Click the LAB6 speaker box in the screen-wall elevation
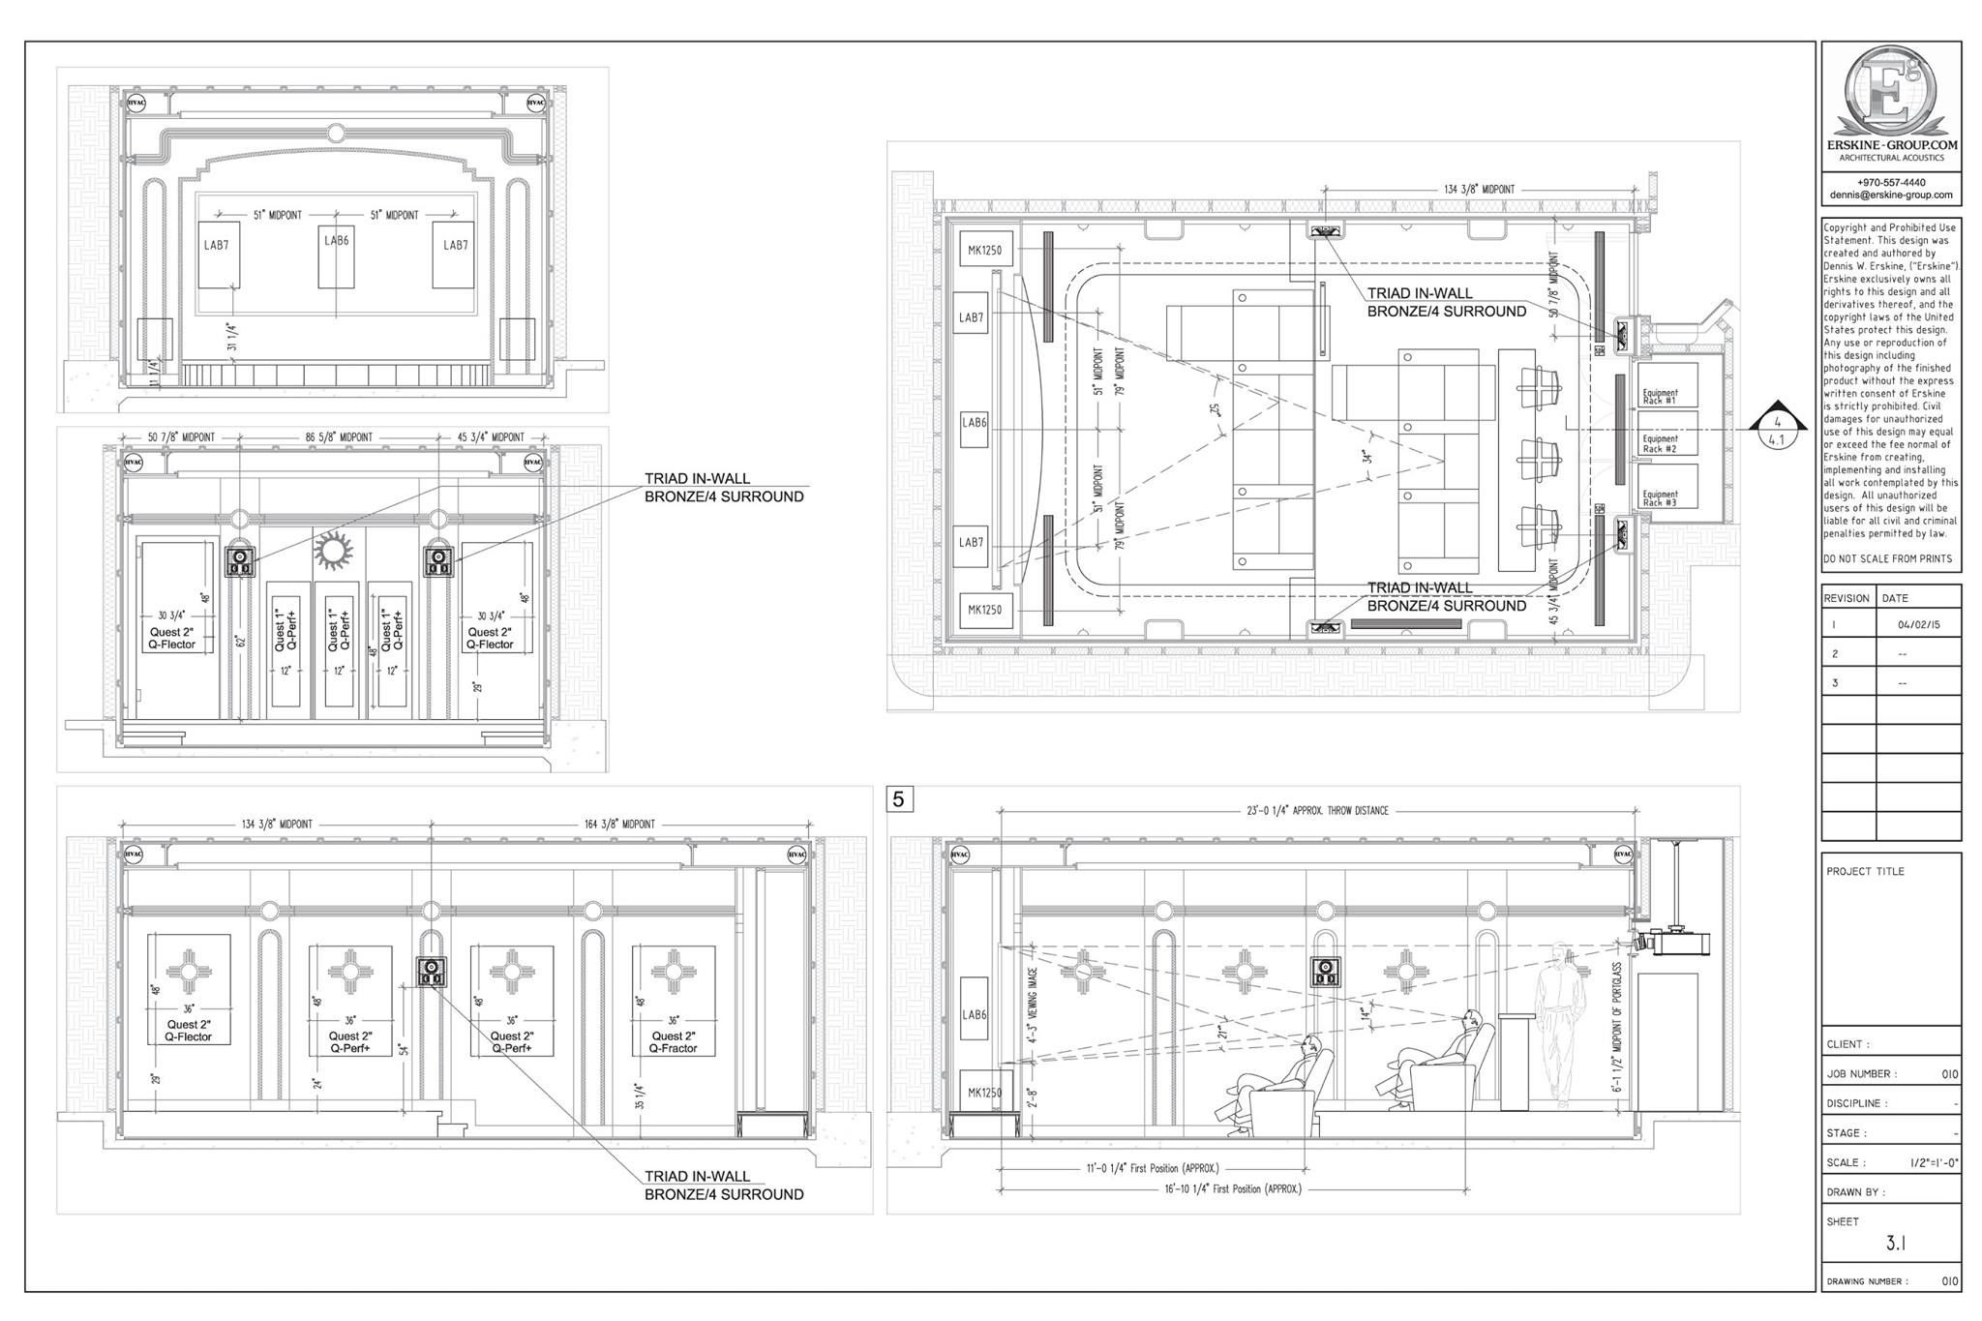click(336, 256)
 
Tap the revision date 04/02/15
click(1918, 625)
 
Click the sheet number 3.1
click(1896, 1244)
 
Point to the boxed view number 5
click(899, 799)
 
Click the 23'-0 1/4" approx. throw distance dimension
click(1318, 811)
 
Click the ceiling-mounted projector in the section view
click(1674, 942)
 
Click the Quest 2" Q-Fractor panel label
click(674, 1042)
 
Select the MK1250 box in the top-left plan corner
click(984, 251)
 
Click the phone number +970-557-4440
click(1890, 182)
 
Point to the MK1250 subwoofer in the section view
click(984, 1092)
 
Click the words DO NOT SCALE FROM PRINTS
click(1887, 559)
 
